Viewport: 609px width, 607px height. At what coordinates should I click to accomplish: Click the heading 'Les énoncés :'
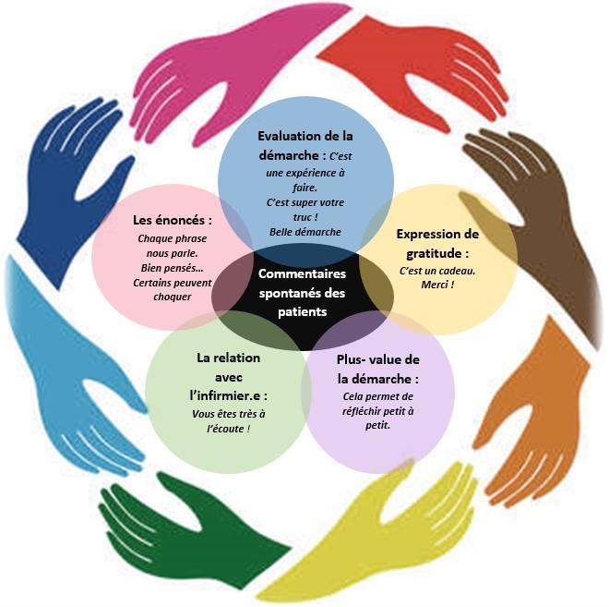173,221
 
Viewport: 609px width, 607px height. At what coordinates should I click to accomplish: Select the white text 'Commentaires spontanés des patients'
303,293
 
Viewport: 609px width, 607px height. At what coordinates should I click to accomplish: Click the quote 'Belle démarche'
305,232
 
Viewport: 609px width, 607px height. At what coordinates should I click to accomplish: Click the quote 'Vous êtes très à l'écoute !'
229,421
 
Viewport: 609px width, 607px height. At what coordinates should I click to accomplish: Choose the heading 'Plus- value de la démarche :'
377,370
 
